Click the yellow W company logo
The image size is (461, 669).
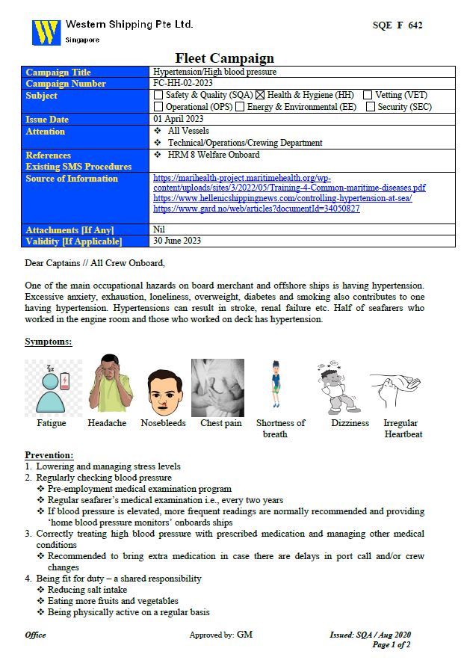coord(46,32)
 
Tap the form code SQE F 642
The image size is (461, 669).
coord(397,25)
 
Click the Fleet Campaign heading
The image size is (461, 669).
coord(224,58)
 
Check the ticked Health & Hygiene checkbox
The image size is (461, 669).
coord(261,95)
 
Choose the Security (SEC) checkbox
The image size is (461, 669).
coord(371,107)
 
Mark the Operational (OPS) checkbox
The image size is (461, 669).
coord(158,107)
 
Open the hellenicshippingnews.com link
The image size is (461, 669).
coord(282,198)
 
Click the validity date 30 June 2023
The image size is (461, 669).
coord(177,241)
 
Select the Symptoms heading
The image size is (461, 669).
coord(49,342)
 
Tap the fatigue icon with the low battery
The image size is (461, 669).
coord(52,386)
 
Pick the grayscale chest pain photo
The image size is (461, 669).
coord(217,386)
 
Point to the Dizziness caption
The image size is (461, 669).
coord(350,423)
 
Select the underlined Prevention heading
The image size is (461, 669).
coord(49,455)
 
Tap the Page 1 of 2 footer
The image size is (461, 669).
coord(391,644)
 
